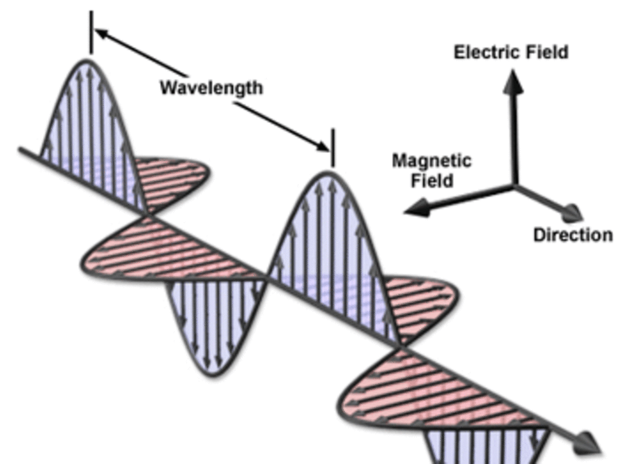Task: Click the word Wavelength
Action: pyautogui.click(x=211, y=88)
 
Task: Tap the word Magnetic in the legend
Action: pyautogui.click(x=431, y=161)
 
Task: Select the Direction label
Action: pyautogui.click(x=573, y=235)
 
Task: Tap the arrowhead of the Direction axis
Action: pyautogui.click(x=573, y=212)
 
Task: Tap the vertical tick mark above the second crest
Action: pyautogui.click(x=332, y=147)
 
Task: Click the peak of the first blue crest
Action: pyautogui.click(x=88, y=61)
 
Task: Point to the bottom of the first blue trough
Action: pyautogui.click(x=211, y=374)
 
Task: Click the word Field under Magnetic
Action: pyautogui.click(x=431, y=180)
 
